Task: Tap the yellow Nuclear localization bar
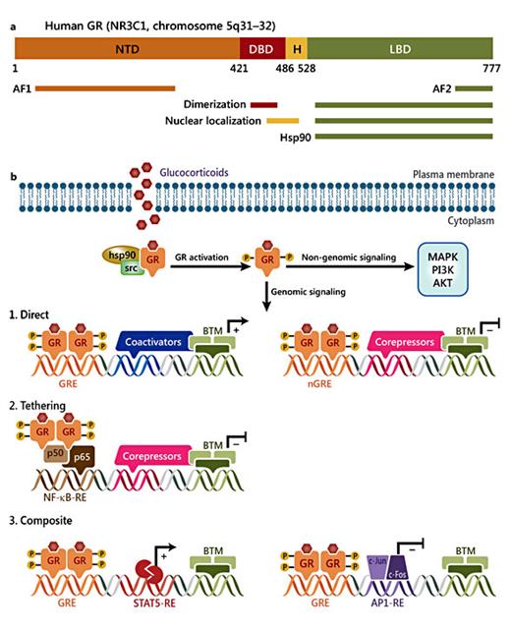[283, 121]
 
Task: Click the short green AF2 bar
[474, 87]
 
